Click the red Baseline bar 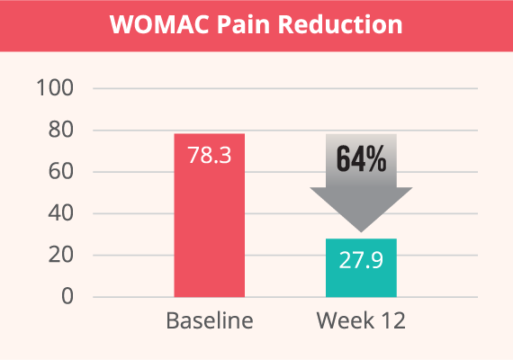[x=210, y=215]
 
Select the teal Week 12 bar [x=361, y=267]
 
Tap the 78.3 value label [x=210, y=155]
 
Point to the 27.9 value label [x=361, y=260]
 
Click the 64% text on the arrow [x=362, y=159]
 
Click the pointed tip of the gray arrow [x=361, y=232]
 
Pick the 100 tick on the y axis [x=55, y=88]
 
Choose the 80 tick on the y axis [x=61, y=130]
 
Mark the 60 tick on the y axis [x=61, y=171]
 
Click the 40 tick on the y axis [x=61, y=213]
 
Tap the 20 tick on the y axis [x=61, y=255]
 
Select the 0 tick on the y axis [x=67, y=296]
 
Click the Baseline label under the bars [x=210, y=320]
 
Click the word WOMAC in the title [x=159, y=24]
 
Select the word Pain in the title [x=243, y=24]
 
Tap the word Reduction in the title [x=340, y=24]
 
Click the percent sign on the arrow [x=376, y=159]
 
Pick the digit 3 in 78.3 [x=225, y=155]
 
